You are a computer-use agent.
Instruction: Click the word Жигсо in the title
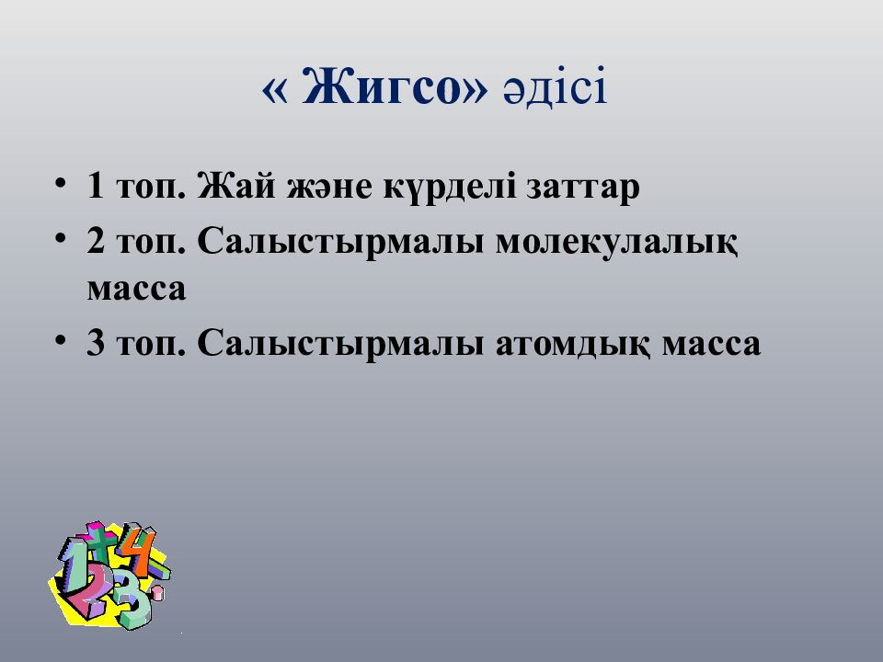pyautogui.click(x=382, y=86)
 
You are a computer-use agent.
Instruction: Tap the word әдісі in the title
pyautogui.click(x=556, y=86)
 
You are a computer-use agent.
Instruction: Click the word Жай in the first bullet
pyautogui.click(x=236, y=186)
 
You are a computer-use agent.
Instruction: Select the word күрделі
pyautogui.click(x=450, y=187)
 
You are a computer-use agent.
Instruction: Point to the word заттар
pyautogui.click(x=583, y=188)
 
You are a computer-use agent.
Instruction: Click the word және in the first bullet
pyautogui.click(x=329, y=188)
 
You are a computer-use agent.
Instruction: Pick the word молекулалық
pyautogui.click(x=616, y=243)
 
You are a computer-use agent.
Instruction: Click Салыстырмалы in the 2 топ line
pyautogui.click(x=340, y=243)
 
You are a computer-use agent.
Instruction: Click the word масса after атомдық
pyautogui.click(x=711, y=345)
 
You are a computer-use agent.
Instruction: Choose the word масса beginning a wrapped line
pyautogui.click(x=136, y=289)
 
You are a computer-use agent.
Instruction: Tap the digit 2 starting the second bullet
pyautogui.click(x=96, y=242)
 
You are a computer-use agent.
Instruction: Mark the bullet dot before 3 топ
pyautogui.click(x=61, y=341)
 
